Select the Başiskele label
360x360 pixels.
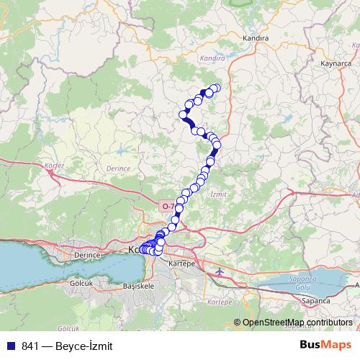[140, 285]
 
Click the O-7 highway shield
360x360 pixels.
[168, 206]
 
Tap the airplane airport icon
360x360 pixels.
[220, 271]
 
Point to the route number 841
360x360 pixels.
[30, 346]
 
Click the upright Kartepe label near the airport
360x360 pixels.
[183, 264]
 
